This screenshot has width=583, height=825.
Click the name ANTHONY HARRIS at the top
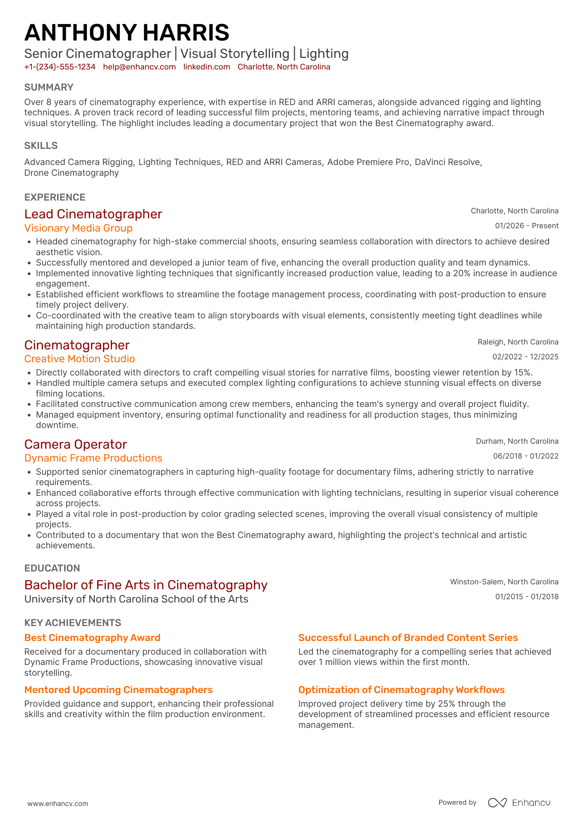click(x=127, y=33)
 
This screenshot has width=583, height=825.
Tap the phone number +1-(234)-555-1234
click(x=60, y=67)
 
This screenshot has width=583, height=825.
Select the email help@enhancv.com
click(x=139, y=67)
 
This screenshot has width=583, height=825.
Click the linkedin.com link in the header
click(x=207, y=67)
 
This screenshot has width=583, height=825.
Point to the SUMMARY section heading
click(x=49, y=87)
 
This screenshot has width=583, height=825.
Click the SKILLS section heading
click(x=41, y=146)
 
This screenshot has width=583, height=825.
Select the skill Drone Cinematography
click(x=72, y=173)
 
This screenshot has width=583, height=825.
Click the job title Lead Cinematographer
click(x=93, y=214)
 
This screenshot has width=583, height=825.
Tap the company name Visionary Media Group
click(x=79, y=228)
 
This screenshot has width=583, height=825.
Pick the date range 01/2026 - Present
click(x=526, y=226)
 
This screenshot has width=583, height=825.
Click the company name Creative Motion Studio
click(x=79, y=359)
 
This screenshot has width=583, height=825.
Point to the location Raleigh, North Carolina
click(x=518, y=342)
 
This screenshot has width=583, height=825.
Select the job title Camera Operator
click(x=75, y=445)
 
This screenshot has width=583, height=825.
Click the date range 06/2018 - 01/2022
click(x=526, y=456)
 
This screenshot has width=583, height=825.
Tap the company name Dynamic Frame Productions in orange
click(x=93, y=458)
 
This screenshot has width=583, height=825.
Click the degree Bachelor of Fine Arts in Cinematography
click(x=146, y=585)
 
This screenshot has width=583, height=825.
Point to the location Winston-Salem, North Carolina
click(x=504, y=582)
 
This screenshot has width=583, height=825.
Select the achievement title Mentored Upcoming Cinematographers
click(x=118, y=690)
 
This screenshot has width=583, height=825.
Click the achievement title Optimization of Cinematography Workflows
click(x=401, y=690)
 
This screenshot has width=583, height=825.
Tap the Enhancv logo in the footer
click(x=519, y=803)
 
